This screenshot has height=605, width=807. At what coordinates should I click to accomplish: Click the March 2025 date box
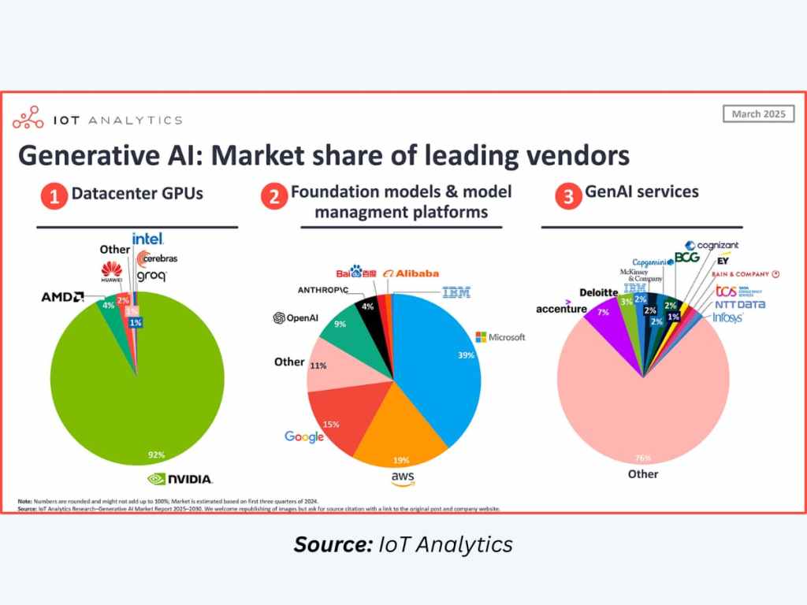click(758, 114)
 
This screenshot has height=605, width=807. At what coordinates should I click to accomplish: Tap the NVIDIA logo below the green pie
click(180, 478)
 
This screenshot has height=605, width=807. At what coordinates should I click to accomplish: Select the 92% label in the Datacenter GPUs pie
click(154, 455)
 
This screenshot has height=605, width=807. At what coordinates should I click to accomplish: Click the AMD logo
click(63, 297)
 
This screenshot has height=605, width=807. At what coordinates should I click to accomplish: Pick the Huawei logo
click(112, 273)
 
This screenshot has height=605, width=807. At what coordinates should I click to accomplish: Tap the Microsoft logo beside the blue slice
click(500, 337)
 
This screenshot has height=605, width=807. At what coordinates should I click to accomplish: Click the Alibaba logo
click(411, 273)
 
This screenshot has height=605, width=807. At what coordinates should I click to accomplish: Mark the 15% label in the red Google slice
click(331, 424)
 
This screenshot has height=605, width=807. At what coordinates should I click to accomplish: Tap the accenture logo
click(561, 308)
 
